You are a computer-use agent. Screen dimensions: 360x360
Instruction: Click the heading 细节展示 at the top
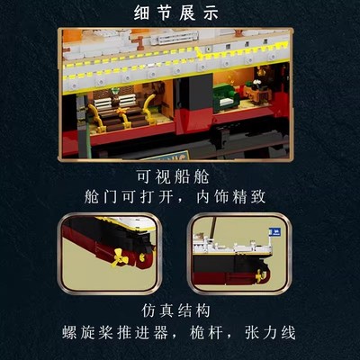click(x=180, y=13)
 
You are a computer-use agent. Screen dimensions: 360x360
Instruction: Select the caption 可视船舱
click(x=180, y=176)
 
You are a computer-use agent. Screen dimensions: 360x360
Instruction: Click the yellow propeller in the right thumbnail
click(x=261, y=273)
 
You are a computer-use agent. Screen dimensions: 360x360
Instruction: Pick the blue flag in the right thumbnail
click(x=274, y=231)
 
